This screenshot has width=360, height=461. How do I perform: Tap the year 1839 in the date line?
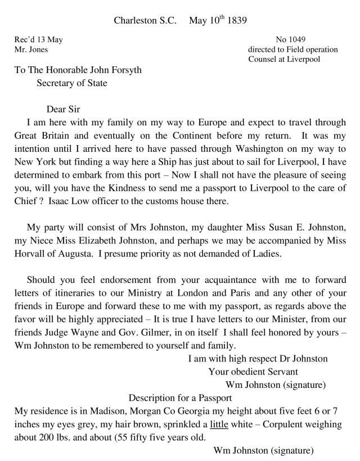[x=235, y=21]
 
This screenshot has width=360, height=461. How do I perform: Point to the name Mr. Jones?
[x=31, y=49]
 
